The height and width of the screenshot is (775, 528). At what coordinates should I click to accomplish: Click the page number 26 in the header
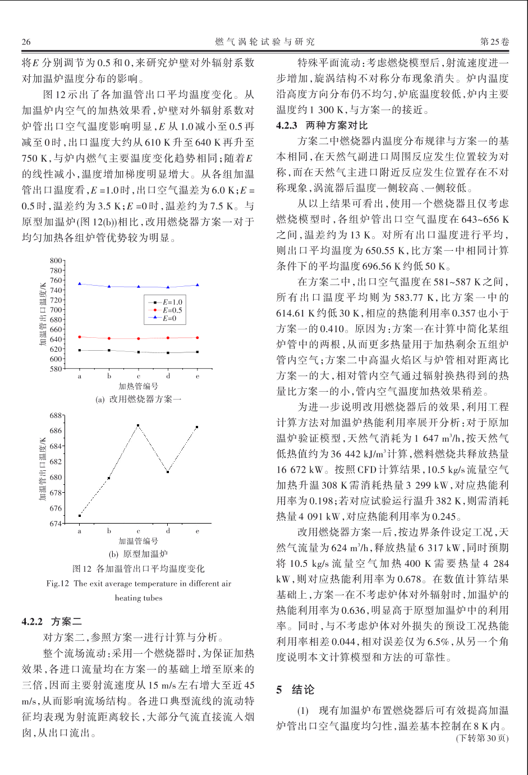pyautogui.click(x=26, y=42)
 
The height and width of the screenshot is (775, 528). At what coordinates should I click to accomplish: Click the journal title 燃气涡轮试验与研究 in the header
pyautogui.click(x=265, y=42)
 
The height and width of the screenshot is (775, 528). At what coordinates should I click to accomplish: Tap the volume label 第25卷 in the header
pyautogui.click(x=494, y=42)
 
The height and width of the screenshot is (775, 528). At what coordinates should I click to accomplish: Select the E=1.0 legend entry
pyautogui.click(x=168, y=302)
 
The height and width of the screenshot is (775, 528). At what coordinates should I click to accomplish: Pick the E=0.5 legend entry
pyautogui.click(x=168, y=310)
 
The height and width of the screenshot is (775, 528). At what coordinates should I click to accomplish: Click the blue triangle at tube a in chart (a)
pyautogui.click(x=80, y=284)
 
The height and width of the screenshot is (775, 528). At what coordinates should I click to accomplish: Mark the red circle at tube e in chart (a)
pyautogui.click(x=197, y=338)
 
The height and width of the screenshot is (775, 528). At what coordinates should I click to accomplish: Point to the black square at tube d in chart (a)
pyautogui.click(x=168, y=353)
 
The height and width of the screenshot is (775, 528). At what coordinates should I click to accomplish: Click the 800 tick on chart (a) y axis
pyautogui.click(x=56, y=261)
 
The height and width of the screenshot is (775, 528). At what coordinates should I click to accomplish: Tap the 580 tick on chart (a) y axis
pyautogui.click(x=56, y=369)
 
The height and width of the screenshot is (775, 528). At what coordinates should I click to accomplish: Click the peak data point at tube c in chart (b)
pyautogui.click(x=138, y=425)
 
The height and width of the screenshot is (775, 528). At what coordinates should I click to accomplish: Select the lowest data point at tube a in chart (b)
pyautogui.click(x=80, y=515)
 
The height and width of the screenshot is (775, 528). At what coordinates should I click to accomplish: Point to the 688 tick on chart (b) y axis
pyautogui.click(x=56, y=416)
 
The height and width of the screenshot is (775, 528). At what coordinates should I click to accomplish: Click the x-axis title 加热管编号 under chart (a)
pyautogui.click(x=138, y=386)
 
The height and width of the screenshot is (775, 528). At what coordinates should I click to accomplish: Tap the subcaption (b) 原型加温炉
pyautogui.click(x=138, y=554)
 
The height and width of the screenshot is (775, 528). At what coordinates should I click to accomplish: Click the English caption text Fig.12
pyautogui.click(x=58, y=584)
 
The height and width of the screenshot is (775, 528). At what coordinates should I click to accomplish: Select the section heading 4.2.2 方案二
pyautogui.click(x=52, y=621)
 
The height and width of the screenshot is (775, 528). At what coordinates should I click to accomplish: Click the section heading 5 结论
pyautogui.click(x=295, y=690)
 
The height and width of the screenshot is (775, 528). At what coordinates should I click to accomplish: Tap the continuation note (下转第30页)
pyautogui.click(x=482, y=738)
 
